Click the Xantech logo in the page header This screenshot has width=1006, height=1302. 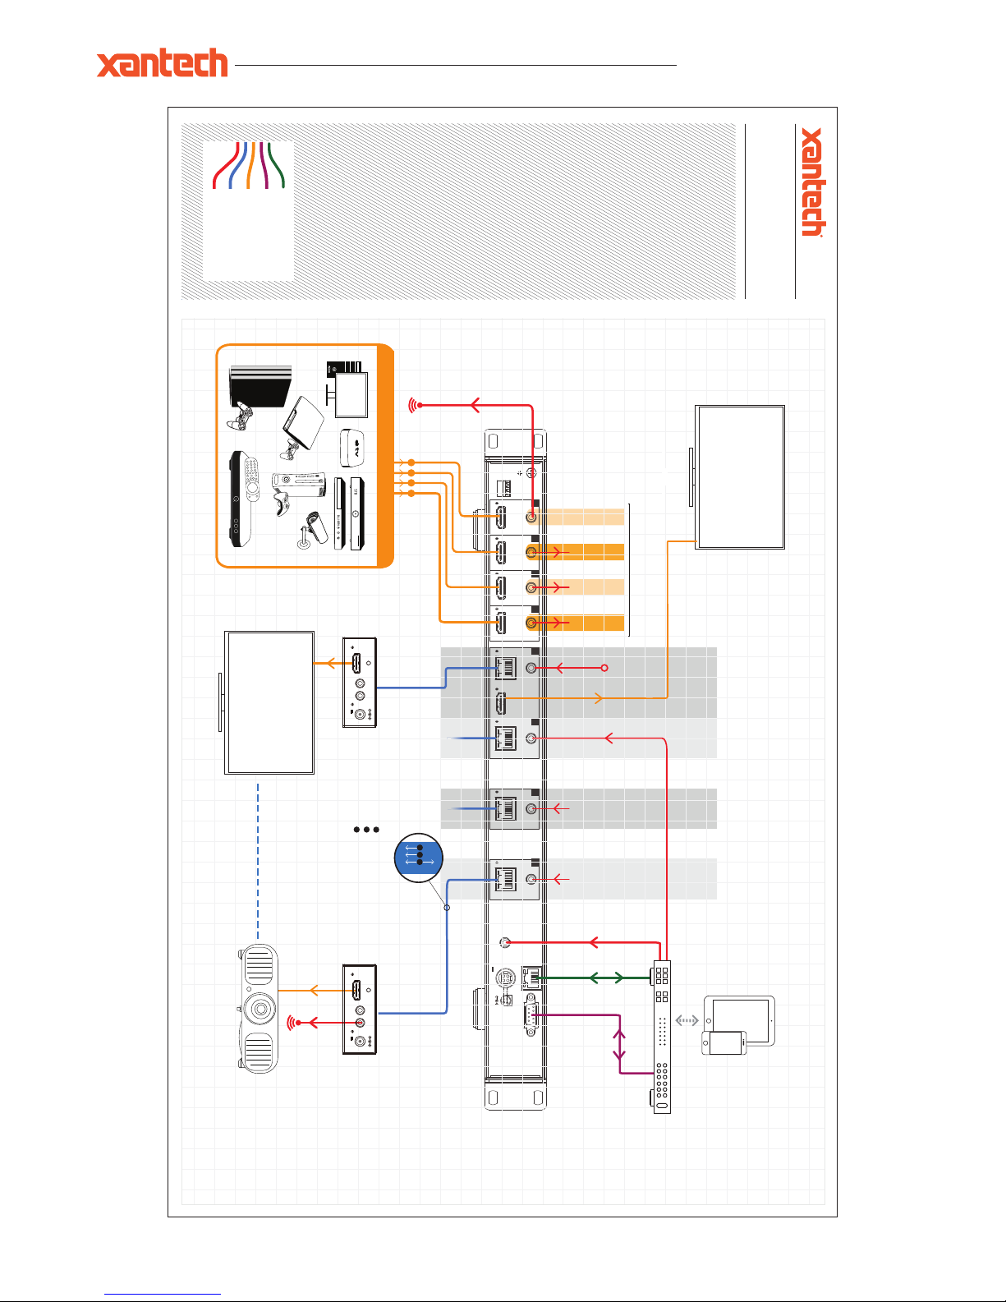coord(162,63)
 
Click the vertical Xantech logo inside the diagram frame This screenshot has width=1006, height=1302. coord(812,182)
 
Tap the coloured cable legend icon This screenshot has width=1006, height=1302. coord(248,165)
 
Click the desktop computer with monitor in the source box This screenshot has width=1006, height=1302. coord(347,387)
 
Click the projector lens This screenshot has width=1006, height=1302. coord(260,1008)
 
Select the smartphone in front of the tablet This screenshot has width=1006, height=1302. coord(723,1043)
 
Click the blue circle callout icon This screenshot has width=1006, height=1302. coord(419,858)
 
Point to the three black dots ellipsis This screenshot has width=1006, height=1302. coord(366,830)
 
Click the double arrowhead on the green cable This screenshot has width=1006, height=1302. coord(607,978)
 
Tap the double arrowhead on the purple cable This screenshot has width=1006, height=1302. coord(619,1044)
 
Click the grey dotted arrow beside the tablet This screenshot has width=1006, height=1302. coord(687,1021)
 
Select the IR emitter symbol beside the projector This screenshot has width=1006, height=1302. coord(293,1023)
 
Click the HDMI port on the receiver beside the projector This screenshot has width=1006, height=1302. coord(357,990)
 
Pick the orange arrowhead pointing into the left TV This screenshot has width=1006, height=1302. coord(332,664)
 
